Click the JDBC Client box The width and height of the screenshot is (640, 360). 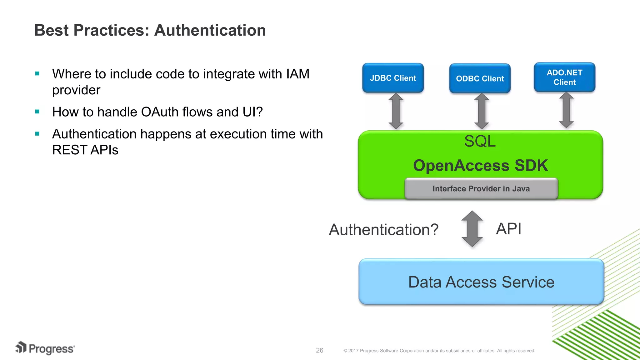point(393,78)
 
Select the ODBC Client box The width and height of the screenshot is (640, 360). point(480,78)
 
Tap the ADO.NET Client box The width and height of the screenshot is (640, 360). point(564,77)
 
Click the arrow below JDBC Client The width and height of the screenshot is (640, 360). point(396,111)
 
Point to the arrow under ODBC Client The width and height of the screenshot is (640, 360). point(481,111)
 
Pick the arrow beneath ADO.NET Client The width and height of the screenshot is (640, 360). point(566,111)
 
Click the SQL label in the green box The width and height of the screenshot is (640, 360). point(480,141)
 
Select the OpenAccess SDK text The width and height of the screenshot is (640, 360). point(480,165)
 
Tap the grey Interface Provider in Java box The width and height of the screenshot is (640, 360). point(481,188)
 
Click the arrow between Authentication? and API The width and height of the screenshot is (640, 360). point(472,229)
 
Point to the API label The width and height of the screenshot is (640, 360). point(508,229)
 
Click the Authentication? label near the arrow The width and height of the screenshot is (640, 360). point(383,230)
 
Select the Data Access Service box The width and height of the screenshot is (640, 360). point(481,282)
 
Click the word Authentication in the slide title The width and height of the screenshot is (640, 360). point(210,30)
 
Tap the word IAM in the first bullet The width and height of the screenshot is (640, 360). point(297,74)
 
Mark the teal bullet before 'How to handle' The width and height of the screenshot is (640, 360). point(37,112)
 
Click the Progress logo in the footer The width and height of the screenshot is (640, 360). point(45,348)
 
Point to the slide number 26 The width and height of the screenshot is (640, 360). point(319,350)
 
